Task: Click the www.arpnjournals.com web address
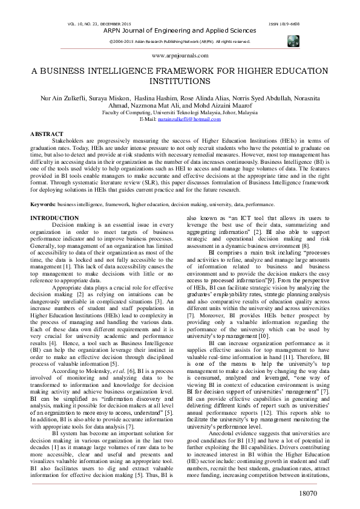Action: point(180,55)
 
